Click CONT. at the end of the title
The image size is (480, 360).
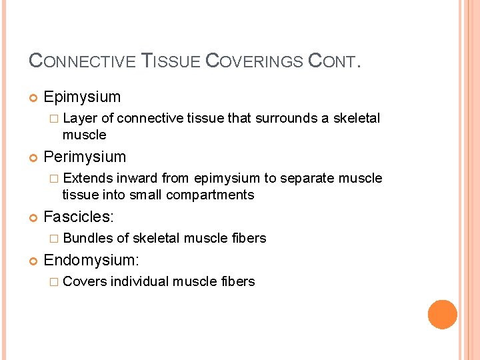(x=334, y=61)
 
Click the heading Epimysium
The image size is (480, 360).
(x=82, y=97)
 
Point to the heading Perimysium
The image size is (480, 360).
(x=85, y=157)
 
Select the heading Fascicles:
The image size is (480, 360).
(x=79, y=217)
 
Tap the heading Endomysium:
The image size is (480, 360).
(x=91, y=261)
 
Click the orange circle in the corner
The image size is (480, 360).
(x=443, y=315)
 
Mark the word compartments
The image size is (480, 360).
(x=210, y=195)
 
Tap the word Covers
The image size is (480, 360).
(x=85, y=281)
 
